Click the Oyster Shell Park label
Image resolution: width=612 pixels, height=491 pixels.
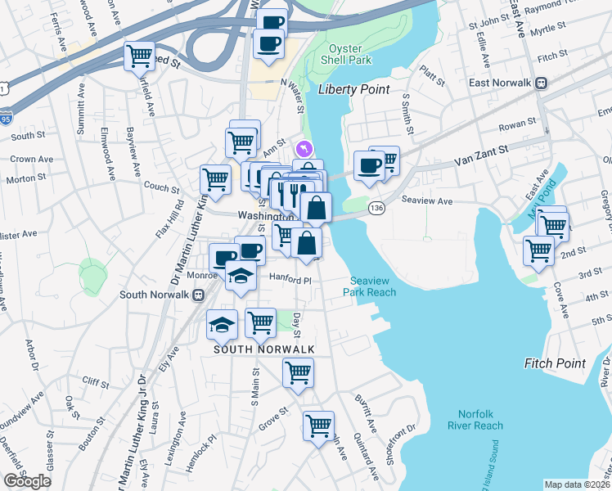click(350, 54)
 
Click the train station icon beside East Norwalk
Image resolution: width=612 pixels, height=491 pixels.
click(541, 83)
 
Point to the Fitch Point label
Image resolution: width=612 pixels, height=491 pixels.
click(555, 363)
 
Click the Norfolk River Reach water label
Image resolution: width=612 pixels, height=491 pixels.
click(475, 418)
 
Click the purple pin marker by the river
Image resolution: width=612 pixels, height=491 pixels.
click(304, 149)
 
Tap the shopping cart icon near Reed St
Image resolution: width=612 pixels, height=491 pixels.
click(139, 56)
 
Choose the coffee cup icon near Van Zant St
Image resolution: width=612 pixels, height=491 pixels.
click(367, 165)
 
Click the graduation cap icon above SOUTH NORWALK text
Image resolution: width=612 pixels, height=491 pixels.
click(221, 325)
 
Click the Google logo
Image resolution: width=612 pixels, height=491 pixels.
click(27, 481)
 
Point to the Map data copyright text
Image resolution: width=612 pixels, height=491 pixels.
click(577, 484)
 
